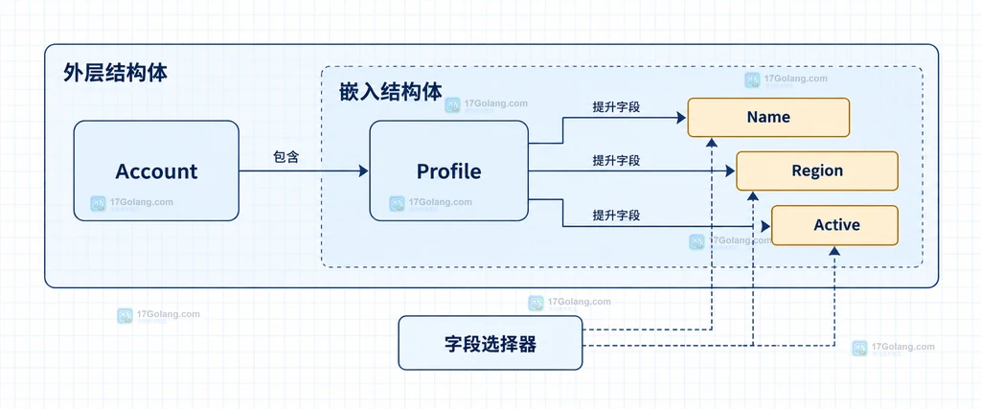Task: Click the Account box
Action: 156,170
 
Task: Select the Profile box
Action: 449,170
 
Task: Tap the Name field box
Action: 768,117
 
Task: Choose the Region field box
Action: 817,170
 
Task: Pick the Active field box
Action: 834,225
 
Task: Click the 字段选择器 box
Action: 490,343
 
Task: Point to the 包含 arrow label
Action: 285,158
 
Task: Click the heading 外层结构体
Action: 116,73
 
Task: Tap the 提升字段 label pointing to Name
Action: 616,106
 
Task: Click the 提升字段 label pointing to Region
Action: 616,161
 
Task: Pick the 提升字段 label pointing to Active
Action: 616,216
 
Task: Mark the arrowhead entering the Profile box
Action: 364,170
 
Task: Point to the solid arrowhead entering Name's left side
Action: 682,117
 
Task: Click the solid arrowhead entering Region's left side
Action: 730,170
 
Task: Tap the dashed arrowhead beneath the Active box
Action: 834,251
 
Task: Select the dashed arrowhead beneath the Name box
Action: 712,142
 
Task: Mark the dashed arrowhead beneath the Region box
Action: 753,195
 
